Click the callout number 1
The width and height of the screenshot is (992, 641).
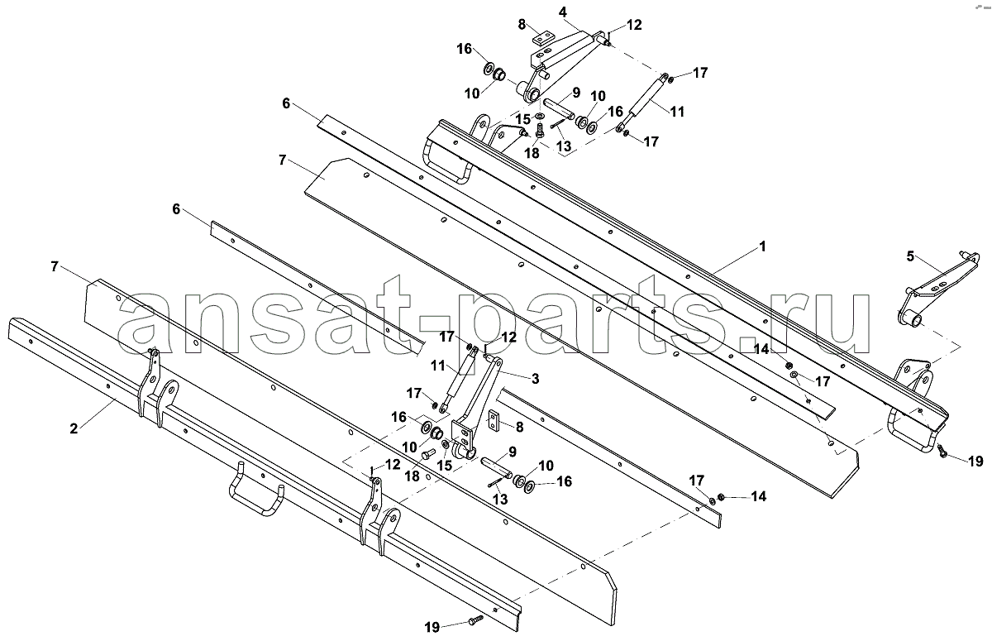click(762, 246)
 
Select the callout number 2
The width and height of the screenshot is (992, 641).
click(74, 428)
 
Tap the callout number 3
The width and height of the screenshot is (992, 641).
click(535, 379)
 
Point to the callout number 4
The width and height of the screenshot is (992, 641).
click(562, 12)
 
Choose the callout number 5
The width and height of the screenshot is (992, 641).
click(910, 256)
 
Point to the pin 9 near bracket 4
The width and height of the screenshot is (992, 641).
click(559, 109)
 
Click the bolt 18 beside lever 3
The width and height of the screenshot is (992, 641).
click(427, 455)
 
